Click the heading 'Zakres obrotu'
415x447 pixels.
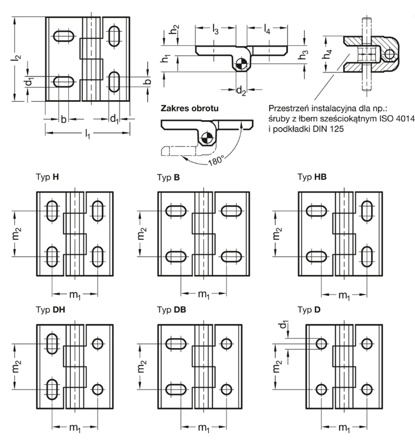point(190,108)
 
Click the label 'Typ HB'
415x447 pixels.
point(312,177)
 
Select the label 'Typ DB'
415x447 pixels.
point(171,310)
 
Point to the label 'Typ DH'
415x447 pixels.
point(51,310)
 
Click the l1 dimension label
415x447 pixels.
point(88,134)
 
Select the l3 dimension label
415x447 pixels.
point(216,29)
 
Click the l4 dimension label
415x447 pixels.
point(267,29)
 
